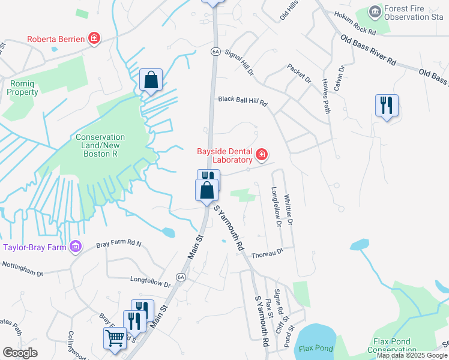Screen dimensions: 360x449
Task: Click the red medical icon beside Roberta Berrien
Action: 94,39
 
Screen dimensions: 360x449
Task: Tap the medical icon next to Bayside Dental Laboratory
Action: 261,155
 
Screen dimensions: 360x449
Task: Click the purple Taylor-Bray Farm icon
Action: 75,247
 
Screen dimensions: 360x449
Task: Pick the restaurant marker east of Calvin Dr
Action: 387,106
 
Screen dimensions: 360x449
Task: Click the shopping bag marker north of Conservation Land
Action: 151,80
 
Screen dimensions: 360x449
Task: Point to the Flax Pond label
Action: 316,348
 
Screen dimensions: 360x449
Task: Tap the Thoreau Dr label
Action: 267,254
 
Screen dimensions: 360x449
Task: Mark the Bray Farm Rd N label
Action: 118,245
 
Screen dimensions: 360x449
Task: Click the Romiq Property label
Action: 23,88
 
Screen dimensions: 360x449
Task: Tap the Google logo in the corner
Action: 20,353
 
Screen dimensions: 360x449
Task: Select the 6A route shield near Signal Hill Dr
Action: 215,52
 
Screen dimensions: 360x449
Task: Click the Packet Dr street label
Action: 300,74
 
